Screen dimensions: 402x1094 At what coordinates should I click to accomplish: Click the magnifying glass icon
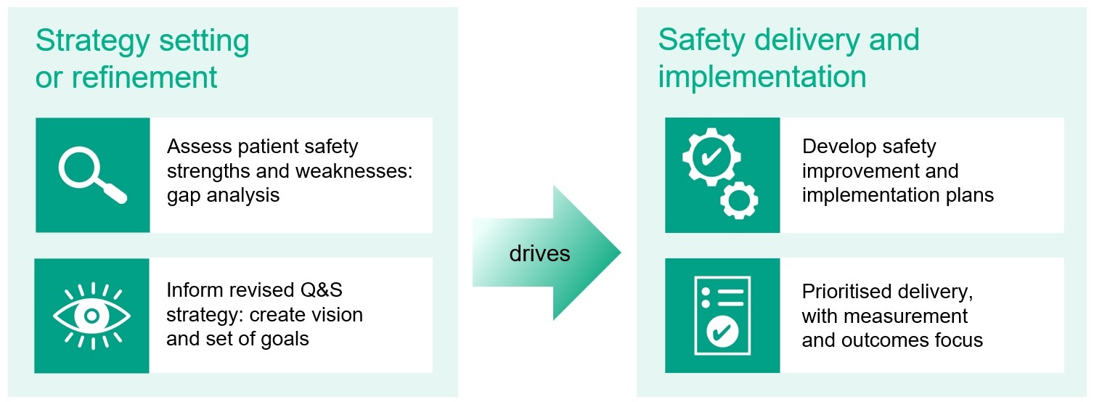(x=92, y=174)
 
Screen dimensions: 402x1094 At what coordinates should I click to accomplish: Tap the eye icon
(x=92, y=316)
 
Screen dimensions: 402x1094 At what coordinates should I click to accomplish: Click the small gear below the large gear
(x=739, y=200)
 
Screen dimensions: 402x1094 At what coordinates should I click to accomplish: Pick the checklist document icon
(x=722, y=316)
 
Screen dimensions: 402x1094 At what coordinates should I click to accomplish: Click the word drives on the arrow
(x=539, y=253)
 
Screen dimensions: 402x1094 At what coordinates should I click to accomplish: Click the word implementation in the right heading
(x=762, y=77)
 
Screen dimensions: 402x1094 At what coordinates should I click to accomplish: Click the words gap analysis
(x=223, y=195)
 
